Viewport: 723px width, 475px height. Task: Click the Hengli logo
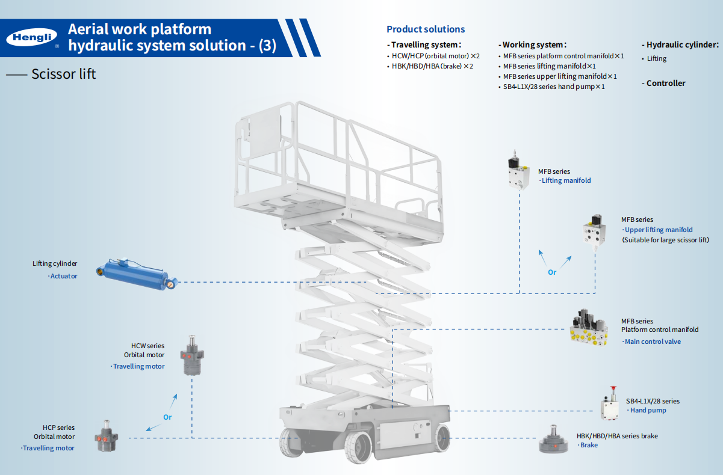point(32,38)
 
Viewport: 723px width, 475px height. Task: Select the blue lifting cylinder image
point(137,274)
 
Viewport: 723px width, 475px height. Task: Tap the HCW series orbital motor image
point(194,355)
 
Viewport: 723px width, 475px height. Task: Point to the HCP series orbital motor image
point(107,438)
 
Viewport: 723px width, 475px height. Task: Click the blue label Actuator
point(63,276)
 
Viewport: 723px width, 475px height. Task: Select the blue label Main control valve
point(653,342)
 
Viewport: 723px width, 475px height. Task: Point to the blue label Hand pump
point(648,410)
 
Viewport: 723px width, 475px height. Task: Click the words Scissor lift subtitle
point(63,74)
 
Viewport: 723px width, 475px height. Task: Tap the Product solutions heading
point(426,29)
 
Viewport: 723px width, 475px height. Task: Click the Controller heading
point(665,83)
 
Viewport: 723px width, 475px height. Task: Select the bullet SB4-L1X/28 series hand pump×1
point(553,87)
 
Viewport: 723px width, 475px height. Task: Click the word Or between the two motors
point(167,417)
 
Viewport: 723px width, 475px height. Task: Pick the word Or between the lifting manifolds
point(552,272)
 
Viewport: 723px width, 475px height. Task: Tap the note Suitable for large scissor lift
point(665,240)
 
